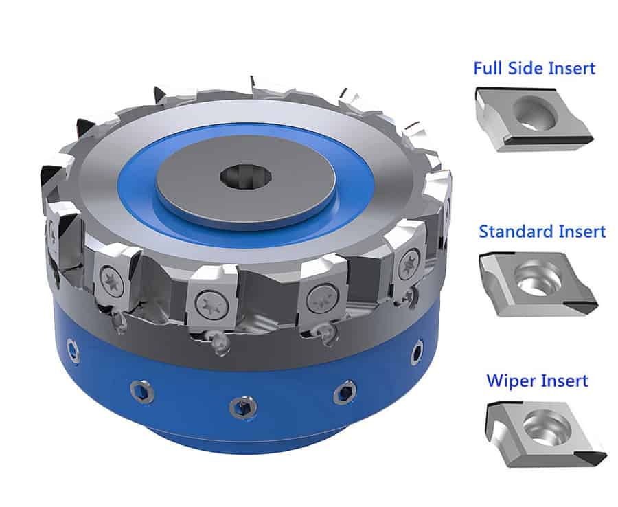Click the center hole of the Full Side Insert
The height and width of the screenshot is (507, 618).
[x=535, y=113]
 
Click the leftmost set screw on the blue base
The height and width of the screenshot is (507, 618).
[x=73, y=351]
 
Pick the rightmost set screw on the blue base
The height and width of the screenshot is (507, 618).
[x=417, y=352]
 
